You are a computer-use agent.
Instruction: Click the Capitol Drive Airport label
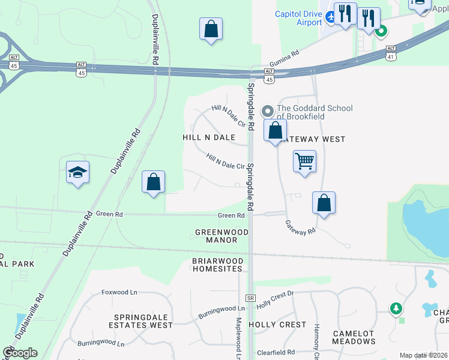298,18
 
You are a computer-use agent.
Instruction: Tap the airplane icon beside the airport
331,18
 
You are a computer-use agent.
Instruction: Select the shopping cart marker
304,161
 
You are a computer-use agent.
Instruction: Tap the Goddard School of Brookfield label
314,112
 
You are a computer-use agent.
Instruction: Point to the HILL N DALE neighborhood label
208,137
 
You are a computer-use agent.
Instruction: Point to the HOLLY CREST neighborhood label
277,325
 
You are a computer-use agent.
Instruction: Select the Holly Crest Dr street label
275,296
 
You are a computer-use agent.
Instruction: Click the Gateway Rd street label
300,227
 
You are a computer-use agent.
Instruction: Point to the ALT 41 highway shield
391,53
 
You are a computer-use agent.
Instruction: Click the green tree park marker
396,308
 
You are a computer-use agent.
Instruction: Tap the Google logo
20,352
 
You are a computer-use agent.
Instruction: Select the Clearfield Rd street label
276,353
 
